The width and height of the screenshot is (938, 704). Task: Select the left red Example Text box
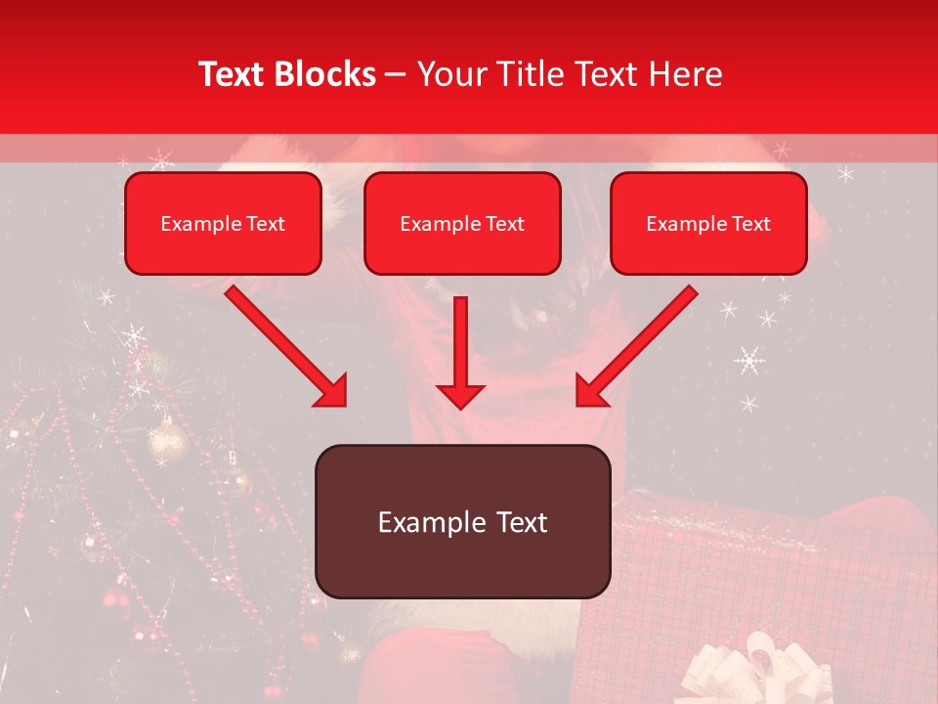223,224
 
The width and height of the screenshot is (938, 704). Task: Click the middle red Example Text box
462,224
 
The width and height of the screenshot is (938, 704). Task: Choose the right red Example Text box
708,224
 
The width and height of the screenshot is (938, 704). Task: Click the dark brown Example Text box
463,522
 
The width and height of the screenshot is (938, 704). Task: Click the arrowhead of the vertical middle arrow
460,395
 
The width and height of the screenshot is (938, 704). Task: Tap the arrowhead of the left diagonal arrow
331,391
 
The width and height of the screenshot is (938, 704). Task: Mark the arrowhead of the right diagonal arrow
590,391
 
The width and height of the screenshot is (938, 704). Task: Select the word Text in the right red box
750,224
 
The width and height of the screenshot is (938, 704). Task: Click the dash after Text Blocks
396,74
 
